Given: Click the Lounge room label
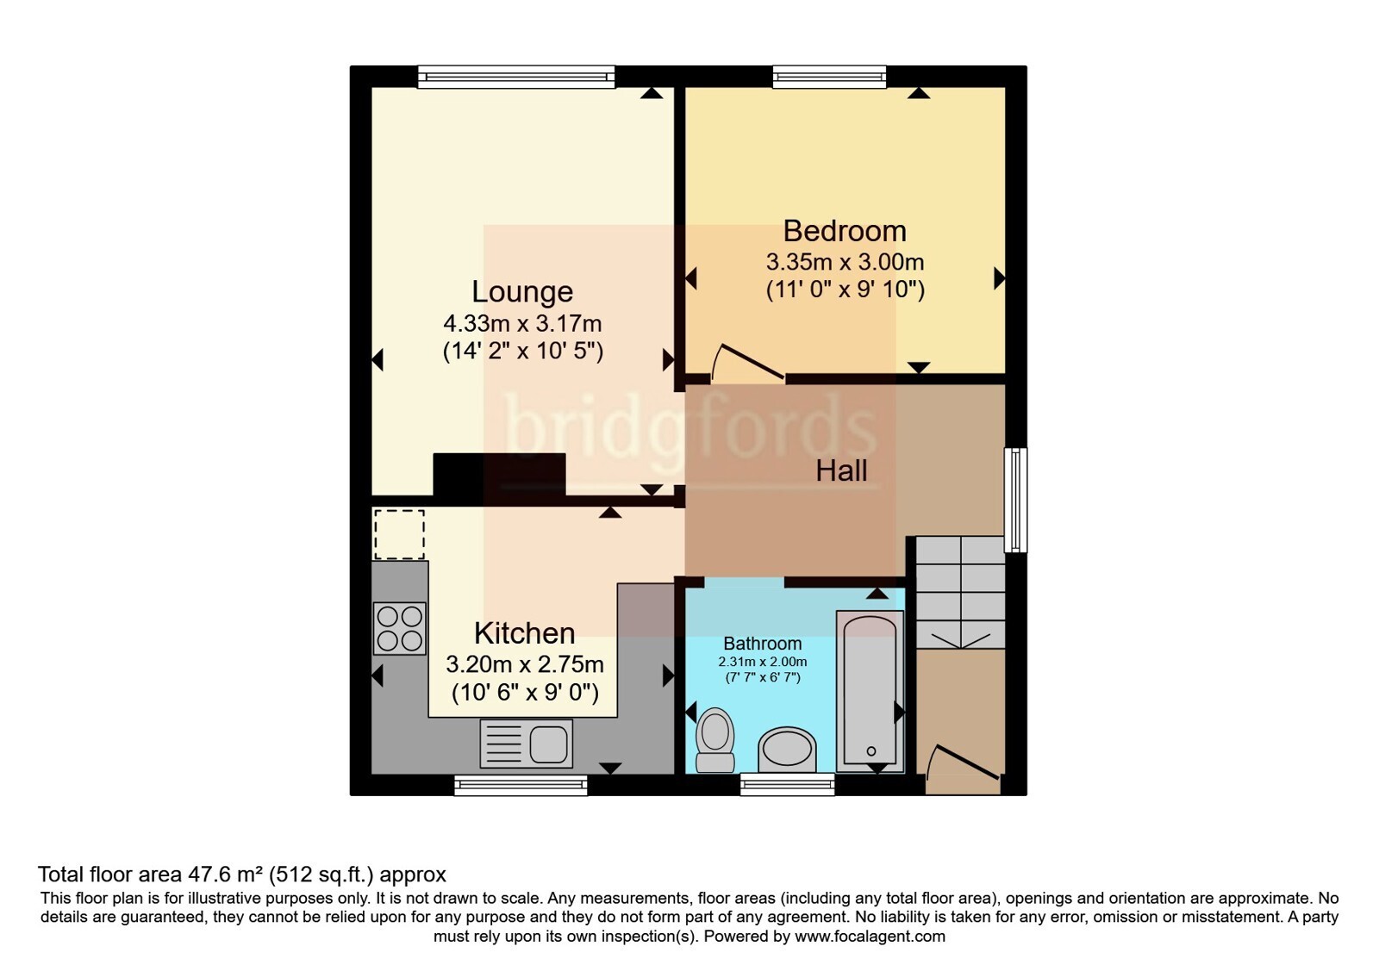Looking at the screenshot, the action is point(522,292).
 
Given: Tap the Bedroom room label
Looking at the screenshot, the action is point(845,232).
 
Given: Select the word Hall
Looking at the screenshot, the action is point(841,471).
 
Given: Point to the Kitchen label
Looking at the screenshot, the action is point(525,632).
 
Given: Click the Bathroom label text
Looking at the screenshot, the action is point(762,644).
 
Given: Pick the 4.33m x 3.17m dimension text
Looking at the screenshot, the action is point(522,323).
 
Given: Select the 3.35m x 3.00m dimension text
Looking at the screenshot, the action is point(845,262).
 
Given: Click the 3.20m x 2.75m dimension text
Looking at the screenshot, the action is point(525,664).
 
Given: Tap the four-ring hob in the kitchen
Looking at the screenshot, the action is point(400,628).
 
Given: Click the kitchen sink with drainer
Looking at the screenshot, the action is point(527,744).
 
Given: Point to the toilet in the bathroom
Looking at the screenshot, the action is point(714,740).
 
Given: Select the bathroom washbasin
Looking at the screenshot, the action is point(787,750).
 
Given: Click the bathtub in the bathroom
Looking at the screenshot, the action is point(870,692).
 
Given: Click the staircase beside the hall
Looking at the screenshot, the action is point(960,592).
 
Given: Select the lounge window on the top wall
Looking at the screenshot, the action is point(516,77).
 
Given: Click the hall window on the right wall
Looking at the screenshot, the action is point(1016,500).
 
